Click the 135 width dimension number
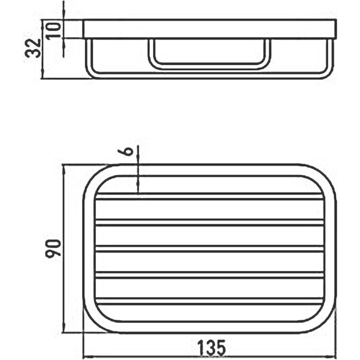[x=212, y=348]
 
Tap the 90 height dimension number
[x=53, y=248]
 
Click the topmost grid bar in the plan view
[x=209, y=196]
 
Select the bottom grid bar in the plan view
[x=209, y=302]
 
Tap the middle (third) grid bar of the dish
[x=209, y=249]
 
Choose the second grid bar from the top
[x=209, y=222]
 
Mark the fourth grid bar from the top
[x=209, y=275]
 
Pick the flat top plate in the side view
[x=209, y=29]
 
